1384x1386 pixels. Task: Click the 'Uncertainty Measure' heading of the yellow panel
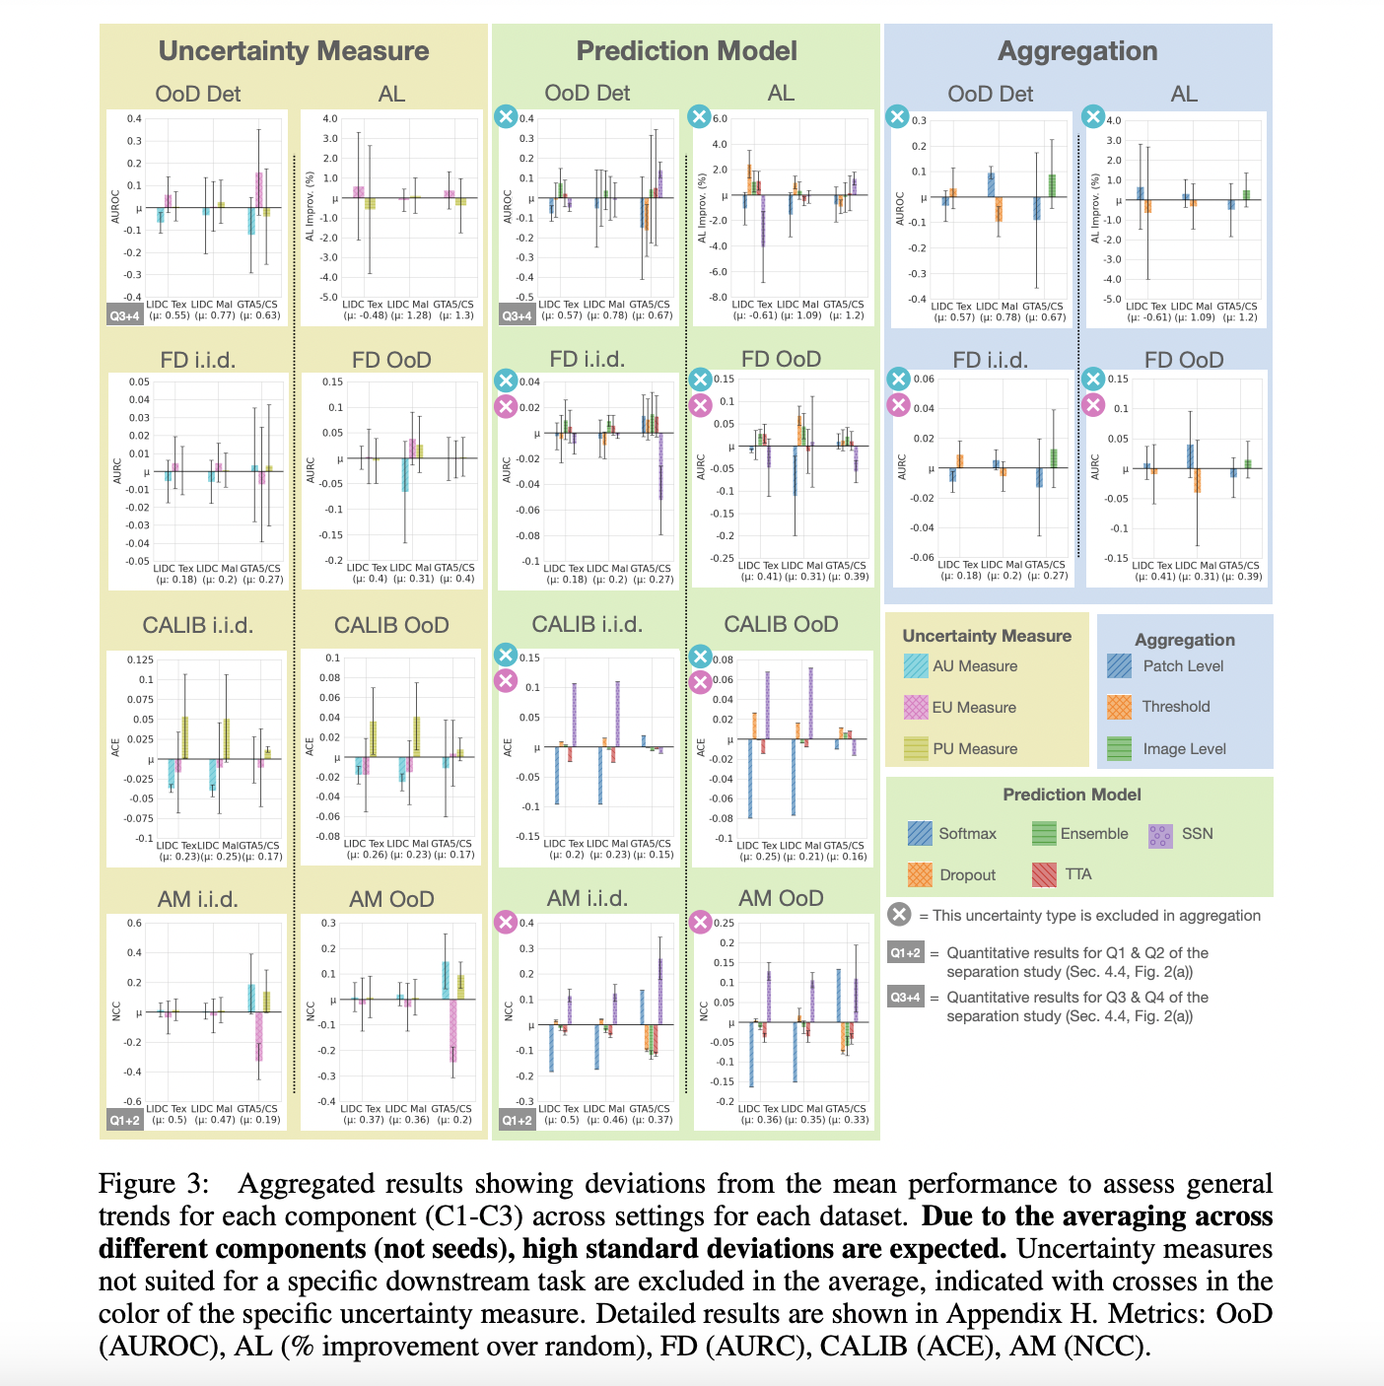294,51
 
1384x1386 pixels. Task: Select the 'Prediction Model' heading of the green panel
686,51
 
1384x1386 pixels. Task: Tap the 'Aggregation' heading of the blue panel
1077,51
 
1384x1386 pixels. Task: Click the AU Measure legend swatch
916,666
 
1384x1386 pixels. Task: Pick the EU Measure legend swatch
916,707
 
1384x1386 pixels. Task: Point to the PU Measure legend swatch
916,748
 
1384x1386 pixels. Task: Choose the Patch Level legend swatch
1119,666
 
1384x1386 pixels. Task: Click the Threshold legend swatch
1119,707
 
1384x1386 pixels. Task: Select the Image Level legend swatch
1119,748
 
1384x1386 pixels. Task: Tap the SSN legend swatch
1161,835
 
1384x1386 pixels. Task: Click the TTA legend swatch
1044,874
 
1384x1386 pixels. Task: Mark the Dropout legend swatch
920,874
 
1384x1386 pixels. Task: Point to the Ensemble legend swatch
1044,834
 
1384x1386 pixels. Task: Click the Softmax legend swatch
920,834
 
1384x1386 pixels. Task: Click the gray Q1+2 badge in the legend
905,953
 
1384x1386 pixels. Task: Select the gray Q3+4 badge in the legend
905,998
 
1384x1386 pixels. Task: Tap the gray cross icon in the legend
899,915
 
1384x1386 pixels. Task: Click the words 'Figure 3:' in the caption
154,1183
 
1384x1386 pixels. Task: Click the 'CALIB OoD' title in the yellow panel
391,626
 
